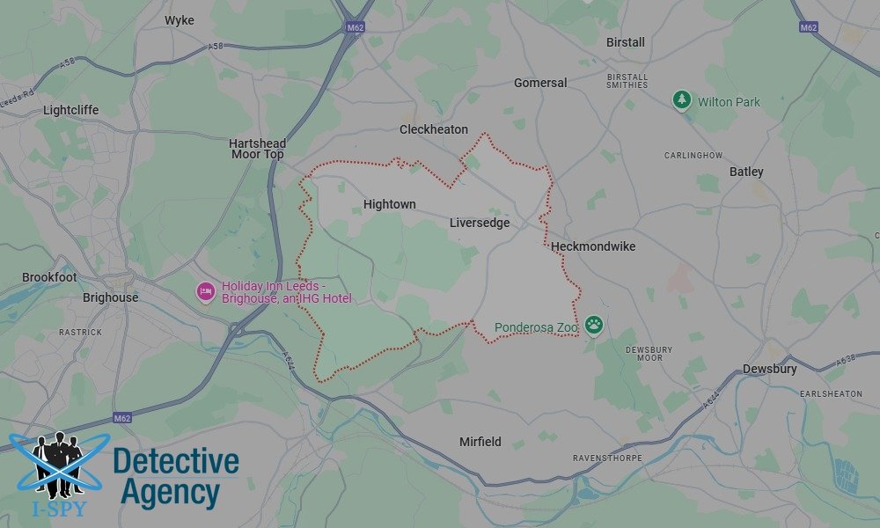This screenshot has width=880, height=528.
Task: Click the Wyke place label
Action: point(180,20)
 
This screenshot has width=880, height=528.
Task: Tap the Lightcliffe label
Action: point(71,110)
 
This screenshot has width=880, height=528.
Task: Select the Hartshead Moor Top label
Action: point(258,149)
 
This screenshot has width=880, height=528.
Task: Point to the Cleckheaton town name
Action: point(434,129)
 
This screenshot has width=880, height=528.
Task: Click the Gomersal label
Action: point(540,83)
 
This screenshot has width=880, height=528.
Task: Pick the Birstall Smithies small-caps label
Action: point(627,80)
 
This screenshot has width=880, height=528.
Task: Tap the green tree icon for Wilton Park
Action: point(682,101)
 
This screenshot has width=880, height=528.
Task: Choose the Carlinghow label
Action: point(693,155)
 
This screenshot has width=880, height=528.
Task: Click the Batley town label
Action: point(746,172)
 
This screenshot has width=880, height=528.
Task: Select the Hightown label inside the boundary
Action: point(389,204)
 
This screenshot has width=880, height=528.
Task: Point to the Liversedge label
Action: point(480,223)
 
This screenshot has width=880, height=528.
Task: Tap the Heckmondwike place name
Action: point(593,246)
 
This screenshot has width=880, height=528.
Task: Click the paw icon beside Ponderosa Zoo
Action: point(594,326)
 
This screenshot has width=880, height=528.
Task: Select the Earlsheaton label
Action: point(831,393)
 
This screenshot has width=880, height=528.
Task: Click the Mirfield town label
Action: point(480,442)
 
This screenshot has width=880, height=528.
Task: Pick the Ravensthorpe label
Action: point(608,458)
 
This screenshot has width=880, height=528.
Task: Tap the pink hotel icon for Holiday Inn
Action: point(206,291)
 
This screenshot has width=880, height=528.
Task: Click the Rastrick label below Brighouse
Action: point(80,332)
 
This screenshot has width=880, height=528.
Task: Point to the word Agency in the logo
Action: point(169,492)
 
